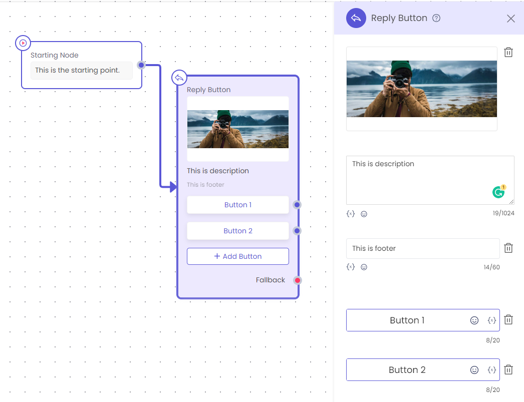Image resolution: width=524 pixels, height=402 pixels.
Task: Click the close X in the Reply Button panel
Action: point(510,19)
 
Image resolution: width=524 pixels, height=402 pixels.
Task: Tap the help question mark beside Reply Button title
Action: point(436,18)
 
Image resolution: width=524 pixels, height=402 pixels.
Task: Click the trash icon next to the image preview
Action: point(508,52)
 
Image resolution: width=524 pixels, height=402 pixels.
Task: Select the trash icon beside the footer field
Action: point(508,248)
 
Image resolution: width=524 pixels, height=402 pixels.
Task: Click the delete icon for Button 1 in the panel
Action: point(508,319)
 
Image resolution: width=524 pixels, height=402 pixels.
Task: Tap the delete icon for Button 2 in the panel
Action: point(508,369)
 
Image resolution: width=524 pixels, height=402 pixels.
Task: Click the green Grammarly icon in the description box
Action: point(498,192)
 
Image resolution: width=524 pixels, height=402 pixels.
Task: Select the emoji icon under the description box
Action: point(364,214)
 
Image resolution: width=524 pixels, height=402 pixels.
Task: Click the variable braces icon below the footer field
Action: point(351,267)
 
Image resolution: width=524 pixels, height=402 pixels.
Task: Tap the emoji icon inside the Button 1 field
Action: point(474,320)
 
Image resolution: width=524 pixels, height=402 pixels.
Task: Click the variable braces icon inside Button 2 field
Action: point(491,369)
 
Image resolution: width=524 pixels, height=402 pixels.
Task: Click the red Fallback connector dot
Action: point(298,280)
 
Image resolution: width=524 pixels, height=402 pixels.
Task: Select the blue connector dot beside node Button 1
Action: point(297,205)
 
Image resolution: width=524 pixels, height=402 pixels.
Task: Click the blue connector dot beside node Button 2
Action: point(297,231)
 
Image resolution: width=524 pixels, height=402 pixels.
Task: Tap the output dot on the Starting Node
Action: point(141,65)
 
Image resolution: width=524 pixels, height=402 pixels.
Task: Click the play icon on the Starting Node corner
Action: point(23,43)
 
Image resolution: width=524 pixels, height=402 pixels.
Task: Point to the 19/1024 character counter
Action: point(503,213)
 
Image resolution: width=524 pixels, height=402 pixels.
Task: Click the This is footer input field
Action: point(423,248)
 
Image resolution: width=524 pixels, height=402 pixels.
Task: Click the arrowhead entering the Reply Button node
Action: point(173,187)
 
